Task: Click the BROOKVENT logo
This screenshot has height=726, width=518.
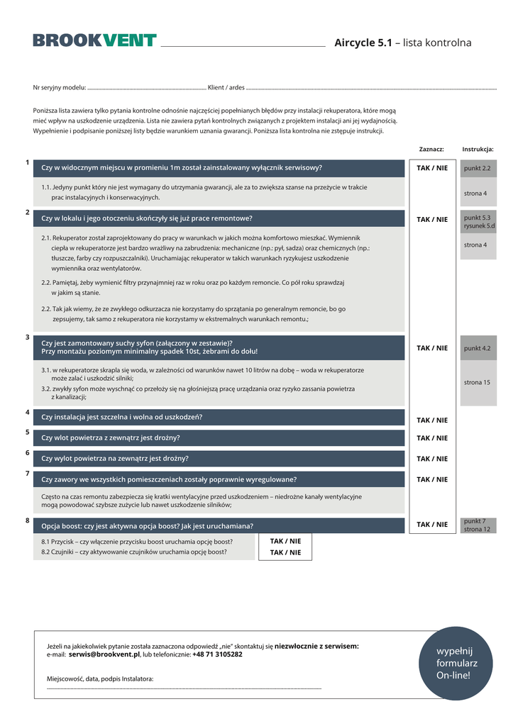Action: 94,41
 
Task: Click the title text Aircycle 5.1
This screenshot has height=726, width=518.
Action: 363,43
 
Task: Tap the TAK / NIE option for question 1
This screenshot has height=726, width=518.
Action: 432,168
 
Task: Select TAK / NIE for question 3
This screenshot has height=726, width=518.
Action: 432,348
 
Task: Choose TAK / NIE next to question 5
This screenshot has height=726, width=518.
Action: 432,438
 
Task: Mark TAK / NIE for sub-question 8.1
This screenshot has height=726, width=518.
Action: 285,541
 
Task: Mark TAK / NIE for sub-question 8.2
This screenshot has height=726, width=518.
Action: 285,552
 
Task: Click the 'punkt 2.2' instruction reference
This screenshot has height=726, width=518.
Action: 478,169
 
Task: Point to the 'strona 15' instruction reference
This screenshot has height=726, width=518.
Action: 478,382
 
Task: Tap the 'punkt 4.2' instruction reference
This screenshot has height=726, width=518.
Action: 478,348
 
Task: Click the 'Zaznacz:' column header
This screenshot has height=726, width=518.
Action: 431,150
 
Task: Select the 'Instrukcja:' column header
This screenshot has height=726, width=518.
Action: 478,150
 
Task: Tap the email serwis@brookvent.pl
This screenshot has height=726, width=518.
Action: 104,654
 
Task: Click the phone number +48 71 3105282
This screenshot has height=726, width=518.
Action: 217,654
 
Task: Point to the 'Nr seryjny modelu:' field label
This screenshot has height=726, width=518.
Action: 60,88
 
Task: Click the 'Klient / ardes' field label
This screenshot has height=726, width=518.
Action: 226,88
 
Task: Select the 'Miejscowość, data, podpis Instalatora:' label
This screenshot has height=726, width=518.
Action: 100,678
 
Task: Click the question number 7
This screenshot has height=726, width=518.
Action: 27,473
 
